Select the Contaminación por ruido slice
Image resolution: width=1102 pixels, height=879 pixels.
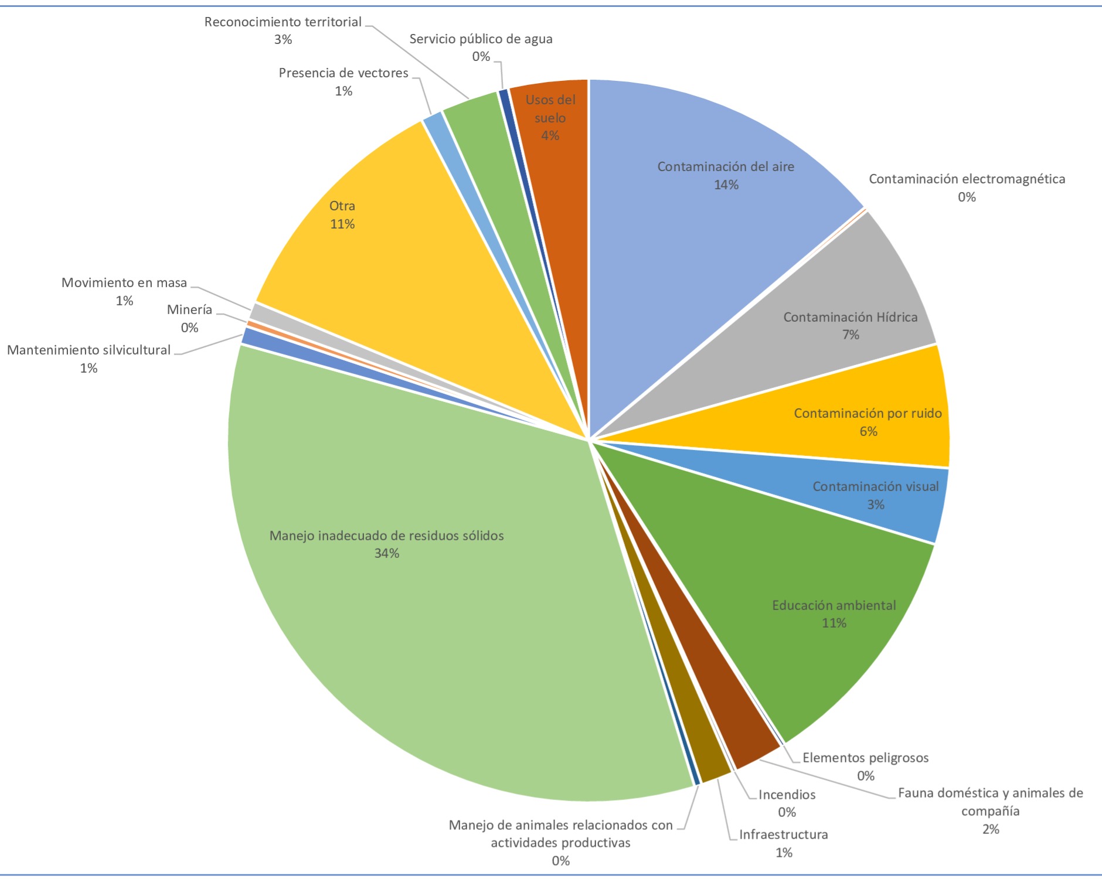pyautogui.click(x=850, y=422)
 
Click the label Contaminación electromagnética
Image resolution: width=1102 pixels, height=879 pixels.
pyautogui.click(x=967, y=179)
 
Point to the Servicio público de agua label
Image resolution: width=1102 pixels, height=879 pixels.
pyautogui.click(x=481, y=39)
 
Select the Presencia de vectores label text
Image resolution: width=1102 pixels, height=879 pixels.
pyautogui.click(x=343, y=73)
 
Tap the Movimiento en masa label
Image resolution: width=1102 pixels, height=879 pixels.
pyautogui.click(x=124, y=283)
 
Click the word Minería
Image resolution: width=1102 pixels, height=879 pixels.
pyautogui.click(x=189, y=309)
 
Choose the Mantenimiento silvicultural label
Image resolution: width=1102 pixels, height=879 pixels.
pyautogui.click(x=89, y=350)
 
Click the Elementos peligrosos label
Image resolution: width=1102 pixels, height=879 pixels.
pyautogui.click(x=865, y=758)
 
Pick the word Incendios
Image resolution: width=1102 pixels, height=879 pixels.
pyautogui.click(x=787, y=795)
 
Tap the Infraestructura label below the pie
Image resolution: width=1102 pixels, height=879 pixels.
pyautogui.click(x=783, y=834)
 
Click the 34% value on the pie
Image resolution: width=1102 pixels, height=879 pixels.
pyautogui.click(x=387, y=553)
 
